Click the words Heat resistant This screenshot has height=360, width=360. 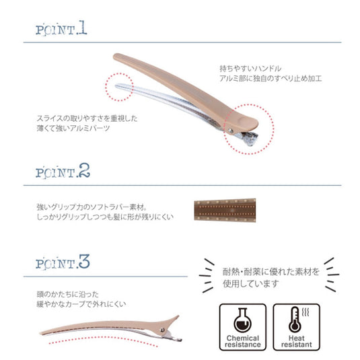(x=295, y=340)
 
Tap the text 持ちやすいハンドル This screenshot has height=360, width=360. (x=250, y=69)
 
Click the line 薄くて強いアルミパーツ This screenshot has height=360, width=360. (x=74, y=129)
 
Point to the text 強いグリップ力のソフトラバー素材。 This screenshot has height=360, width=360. (x=91, y=208)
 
